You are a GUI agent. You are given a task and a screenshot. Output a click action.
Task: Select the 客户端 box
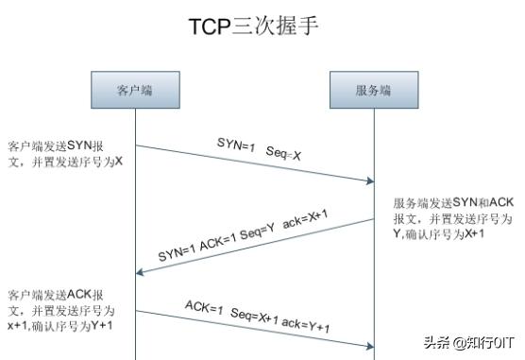pyautogui.click(x=135, y=91)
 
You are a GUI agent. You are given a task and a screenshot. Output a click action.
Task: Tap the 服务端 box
pyautogui.click(x=374, y=91)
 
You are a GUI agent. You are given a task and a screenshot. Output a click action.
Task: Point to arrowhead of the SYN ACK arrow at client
pyautogui.click(x=141, y=272)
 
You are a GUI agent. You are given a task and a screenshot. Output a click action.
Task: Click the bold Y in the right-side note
pyautogui.click(x=398, y=232)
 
